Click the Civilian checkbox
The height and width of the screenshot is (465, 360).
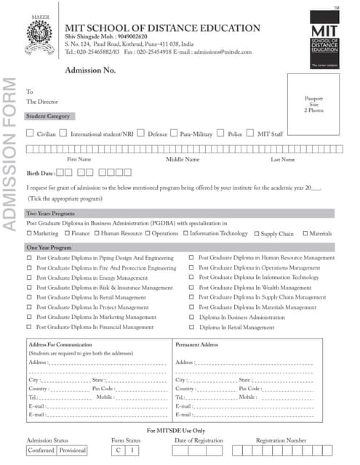pos(30,133)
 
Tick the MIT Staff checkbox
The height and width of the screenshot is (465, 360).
pos(251,133)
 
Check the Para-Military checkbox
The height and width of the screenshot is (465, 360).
pos(174,133)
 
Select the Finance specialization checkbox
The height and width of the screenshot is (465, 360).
pos(67,233)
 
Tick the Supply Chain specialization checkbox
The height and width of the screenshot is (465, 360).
pos(256,233)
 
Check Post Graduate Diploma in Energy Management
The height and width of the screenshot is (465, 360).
pos(30,278)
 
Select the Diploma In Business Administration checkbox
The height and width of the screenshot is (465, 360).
pos(192,318)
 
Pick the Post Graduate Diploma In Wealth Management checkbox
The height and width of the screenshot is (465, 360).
pos(192,288)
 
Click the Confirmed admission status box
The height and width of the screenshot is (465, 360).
pos(41,450)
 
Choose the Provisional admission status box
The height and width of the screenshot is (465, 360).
pos(72,450)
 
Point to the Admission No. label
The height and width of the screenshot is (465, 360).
pos(91,70)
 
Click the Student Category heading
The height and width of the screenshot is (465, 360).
pos(49,116)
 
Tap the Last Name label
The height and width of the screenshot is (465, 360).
pos(282,159)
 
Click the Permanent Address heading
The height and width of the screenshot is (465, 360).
pos(197,344)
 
